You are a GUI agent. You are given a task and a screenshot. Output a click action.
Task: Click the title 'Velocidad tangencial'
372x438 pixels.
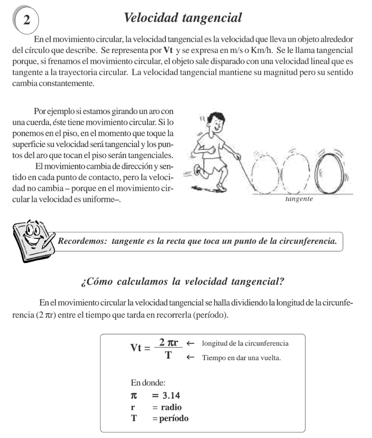[x=183, y=18]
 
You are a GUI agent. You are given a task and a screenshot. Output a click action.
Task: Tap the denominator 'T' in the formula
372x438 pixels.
[x=168, y=356]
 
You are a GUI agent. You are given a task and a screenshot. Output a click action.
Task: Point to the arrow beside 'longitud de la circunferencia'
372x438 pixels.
[x=190, y=344]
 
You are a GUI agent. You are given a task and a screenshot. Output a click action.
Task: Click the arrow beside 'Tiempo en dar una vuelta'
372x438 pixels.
[x=190, y=357]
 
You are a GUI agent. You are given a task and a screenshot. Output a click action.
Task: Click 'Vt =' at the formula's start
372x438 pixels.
[x=141, y=349]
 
